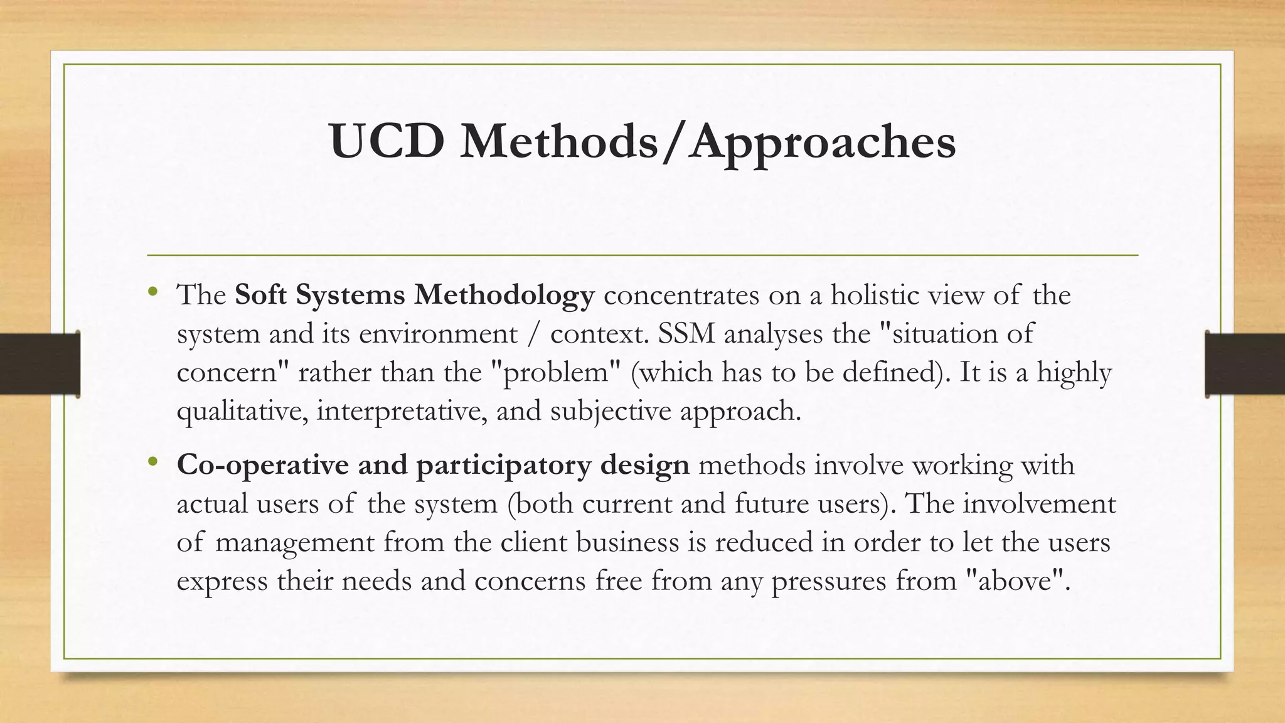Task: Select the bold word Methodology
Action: point(503,295)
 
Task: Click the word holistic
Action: point(875,294)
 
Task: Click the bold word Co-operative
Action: point(263,465)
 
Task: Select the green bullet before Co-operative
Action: point(152,463)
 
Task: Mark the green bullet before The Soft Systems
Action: point(152,292)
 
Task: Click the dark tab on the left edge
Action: point(40,364)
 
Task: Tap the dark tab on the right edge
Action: point(1245,364)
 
